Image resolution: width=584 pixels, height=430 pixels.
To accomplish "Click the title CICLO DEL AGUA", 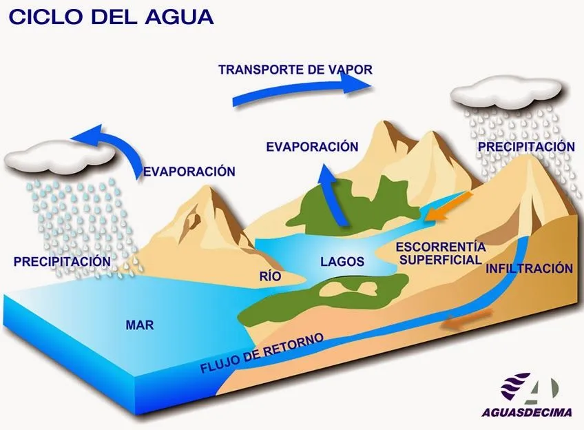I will [110, 17].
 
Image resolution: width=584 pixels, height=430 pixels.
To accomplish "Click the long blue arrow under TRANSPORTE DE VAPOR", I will [303, 90].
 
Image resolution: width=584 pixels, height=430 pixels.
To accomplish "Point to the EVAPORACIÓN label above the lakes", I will [312, 147].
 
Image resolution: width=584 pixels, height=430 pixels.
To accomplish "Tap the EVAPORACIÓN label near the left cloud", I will [189, 172].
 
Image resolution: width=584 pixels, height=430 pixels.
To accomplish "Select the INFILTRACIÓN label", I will [529, 268].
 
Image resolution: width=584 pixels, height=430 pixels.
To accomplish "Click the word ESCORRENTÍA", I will [441, 247].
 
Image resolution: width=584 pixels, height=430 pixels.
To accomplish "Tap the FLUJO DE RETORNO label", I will [261, 354].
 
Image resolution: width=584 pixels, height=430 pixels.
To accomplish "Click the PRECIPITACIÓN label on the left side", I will [61, 262].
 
